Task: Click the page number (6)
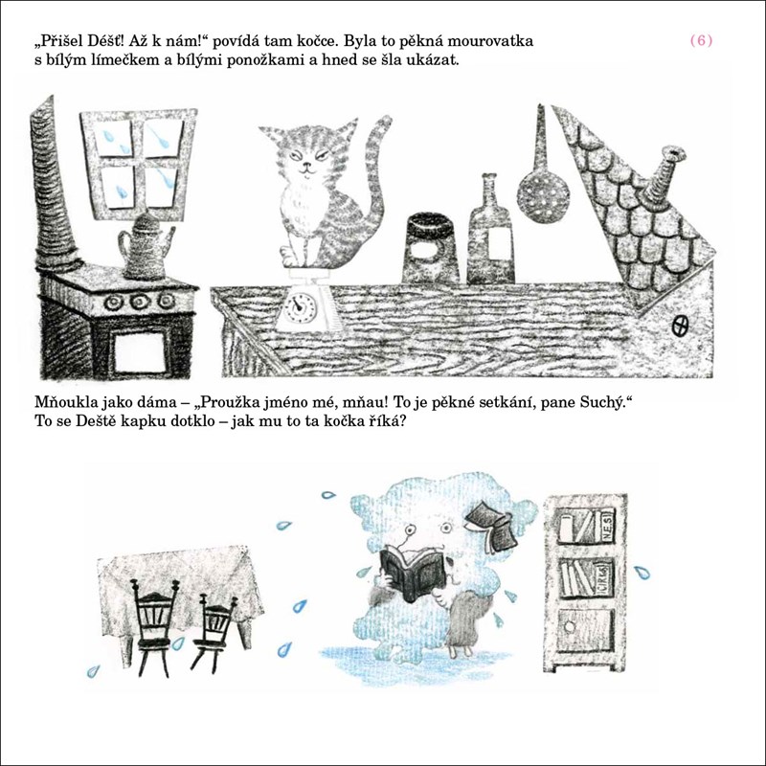point(701,40)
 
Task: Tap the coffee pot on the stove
point(146,248)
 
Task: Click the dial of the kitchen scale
point(299,306)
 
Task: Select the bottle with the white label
point(490,231)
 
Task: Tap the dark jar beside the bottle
point(431,248)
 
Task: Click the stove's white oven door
point(140,352)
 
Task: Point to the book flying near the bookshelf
point(492,525)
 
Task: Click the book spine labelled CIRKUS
point(603,577)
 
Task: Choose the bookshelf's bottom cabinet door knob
point(569,626)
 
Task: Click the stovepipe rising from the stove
point(53,186)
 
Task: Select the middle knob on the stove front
point(140,302)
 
